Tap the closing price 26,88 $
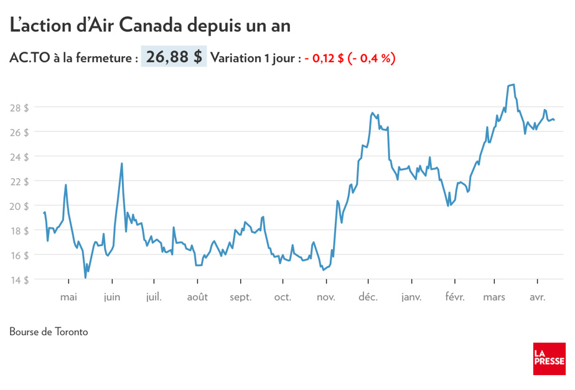coord(174,57)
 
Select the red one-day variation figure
coord(350,58)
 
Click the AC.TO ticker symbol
coord(29,58)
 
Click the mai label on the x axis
coord(68,297)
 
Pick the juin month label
coord(112,297)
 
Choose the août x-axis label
coord(197,297)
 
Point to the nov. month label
coord(325,297)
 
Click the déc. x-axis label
coord(368,297)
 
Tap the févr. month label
coord(455,297)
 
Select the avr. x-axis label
coord(537,297)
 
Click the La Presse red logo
coord(549,359)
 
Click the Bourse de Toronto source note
coord(49,331)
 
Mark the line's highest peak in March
coord(512,85)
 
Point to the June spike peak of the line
coord(122,163)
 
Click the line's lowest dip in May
coord(85,278)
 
